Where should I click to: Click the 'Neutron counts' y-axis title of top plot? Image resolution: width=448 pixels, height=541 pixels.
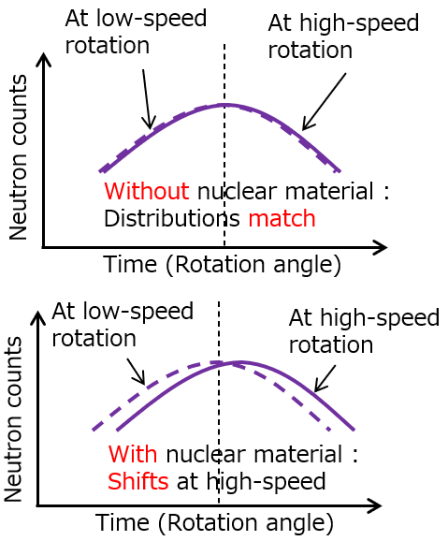click(18, 157)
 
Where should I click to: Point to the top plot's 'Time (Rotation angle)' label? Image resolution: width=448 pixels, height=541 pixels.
click(222, 264)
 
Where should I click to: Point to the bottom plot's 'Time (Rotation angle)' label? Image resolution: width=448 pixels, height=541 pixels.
click(214, 522)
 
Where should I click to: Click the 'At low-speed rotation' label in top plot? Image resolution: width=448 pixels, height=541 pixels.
click(136, 31)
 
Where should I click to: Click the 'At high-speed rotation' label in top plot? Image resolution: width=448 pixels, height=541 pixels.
click(342, 37)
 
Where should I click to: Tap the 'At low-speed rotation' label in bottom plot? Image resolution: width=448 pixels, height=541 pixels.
click(123, 324)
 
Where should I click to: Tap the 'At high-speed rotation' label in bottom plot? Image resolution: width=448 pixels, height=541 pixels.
click(363, 330)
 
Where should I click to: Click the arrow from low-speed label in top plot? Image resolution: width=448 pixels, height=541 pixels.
click(147, 99)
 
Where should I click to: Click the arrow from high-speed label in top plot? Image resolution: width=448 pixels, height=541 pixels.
click(324, 101)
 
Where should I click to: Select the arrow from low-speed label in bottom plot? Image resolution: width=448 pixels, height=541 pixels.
click(137, 372)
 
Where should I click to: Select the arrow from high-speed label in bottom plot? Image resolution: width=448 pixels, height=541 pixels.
click(325, 378)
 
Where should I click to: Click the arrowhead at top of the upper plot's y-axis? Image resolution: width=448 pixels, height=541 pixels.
click(43, 58)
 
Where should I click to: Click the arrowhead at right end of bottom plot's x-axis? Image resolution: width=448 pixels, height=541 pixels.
click(377, 506)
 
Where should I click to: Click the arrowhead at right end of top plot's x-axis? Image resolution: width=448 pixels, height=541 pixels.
click(382, 247)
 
